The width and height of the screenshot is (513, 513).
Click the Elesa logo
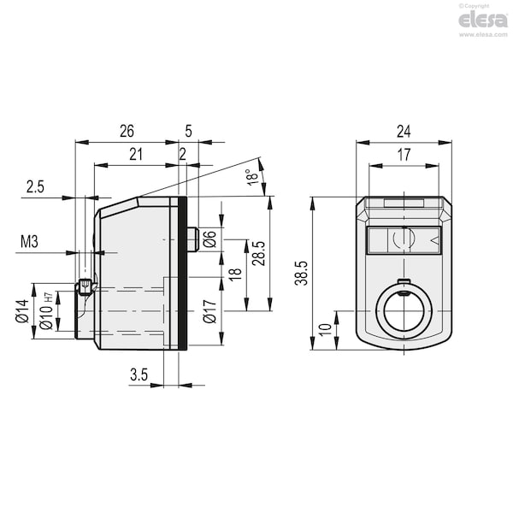click(483, 21)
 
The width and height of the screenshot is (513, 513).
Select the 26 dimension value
click(127, 131)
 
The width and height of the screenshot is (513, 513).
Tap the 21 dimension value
click(136, 155)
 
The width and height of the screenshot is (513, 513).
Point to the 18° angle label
click(252, 177)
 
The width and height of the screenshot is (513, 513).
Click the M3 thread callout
click(29, 242)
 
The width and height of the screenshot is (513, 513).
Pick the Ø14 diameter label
click(23, 311)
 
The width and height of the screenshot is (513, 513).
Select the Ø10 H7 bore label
click(46, 311)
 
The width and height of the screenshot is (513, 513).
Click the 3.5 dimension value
click(139, 374)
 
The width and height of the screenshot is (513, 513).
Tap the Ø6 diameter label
click(209, 239)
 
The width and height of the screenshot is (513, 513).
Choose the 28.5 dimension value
click(259, 253)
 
